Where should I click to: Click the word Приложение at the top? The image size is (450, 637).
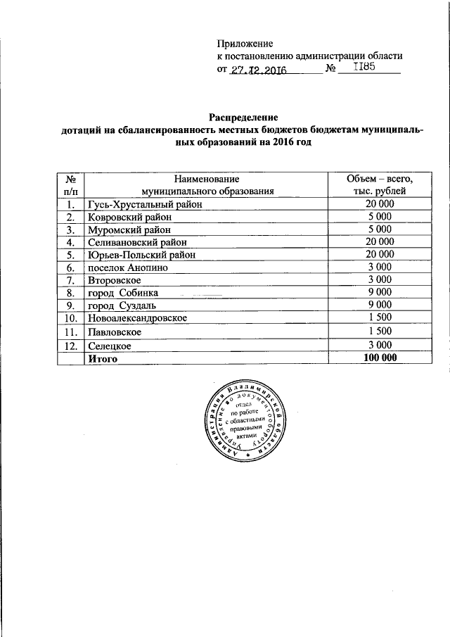tap(244, 44)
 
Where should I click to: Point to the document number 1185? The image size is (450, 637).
tap(364, 67)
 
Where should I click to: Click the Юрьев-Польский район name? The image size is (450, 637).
tap(140, 255)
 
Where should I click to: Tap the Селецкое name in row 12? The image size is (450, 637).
tap(109, 346)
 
